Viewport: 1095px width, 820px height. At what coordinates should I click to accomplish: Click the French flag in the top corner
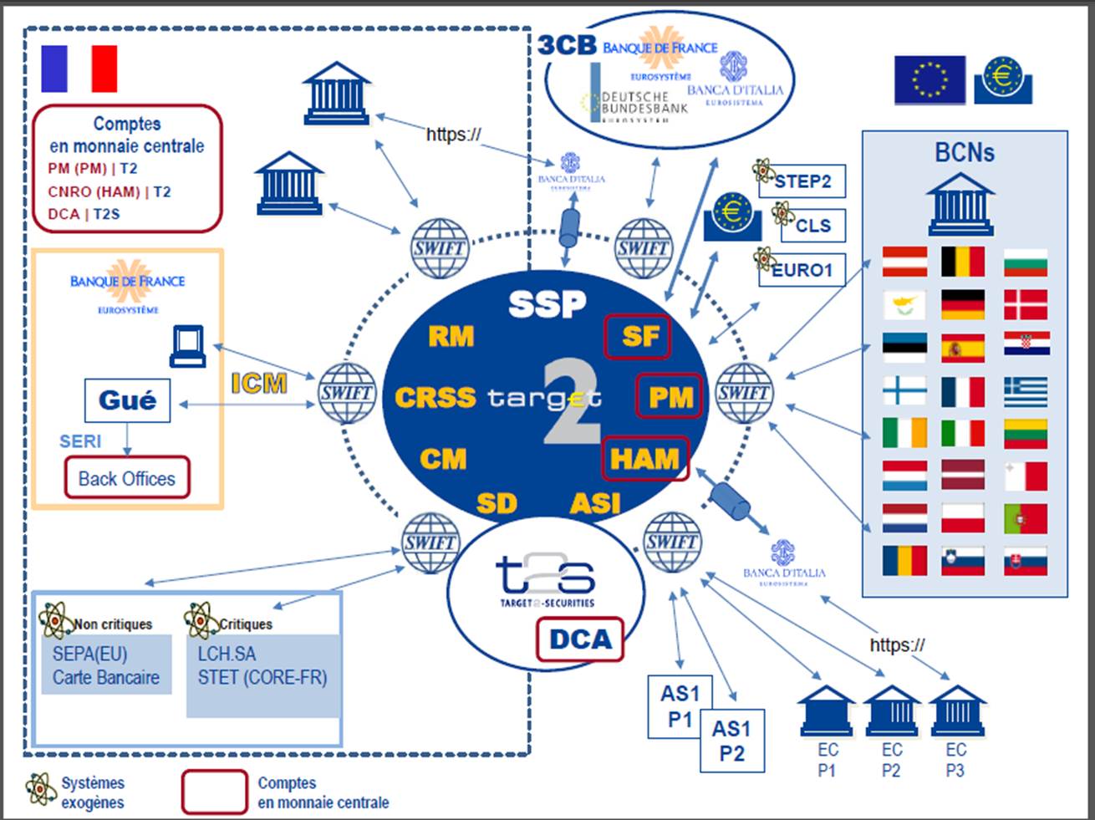[x=79, y=69]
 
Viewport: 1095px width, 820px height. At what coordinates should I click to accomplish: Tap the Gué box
[x=127, y=400]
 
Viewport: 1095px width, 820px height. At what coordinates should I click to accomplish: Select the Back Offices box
[x=127, y=479]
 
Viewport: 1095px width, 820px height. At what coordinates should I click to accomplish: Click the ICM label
[x=259, y=384]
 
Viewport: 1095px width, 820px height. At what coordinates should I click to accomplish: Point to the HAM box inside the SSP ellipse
[x=645, y=458]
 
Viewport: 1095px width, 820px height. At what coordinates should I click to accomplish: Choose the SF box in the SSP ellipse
[x=638, y=336]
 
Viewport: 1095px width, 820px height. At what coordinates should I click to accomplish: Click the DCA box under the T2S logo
[x=580, y=639]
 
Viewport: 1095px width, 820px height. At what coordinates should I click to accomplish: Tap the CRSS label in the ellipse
[x=435, y=397]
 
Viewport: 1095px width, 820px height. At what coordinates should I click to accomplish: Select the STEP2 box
[x=802, y=181]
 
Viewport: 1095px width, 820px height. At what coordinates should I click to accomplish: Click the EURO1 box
[x=802, y=270]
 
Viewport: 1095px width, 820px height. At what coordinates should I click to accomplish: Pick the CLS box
[x=812, y=226]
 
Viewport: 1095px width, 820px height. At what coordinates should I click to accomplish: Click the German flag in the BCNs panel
[x=962, y=305]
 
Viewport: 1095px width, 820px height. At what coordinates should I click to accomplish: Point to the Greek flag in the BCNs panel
[x=1026, y=391]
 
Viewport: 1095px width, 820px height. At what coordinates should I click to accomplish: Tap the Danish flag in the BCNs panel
[x=1026, y=305]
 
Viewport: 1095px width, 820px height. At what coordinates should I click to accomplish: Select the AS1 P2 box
[x=731, y=741]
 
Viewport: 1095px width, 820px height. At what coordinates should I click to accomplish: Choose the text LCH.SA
[x=227, y=654]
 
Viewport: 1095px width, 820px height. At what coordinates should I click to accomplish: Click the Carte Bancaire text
[x=106, y=677]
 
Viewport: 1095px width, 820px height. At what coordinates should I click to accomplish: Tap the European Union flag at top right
[x=929, y=80]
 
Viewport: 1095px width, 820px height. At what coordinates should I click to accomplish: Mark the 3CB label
[x=567, y=45]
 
